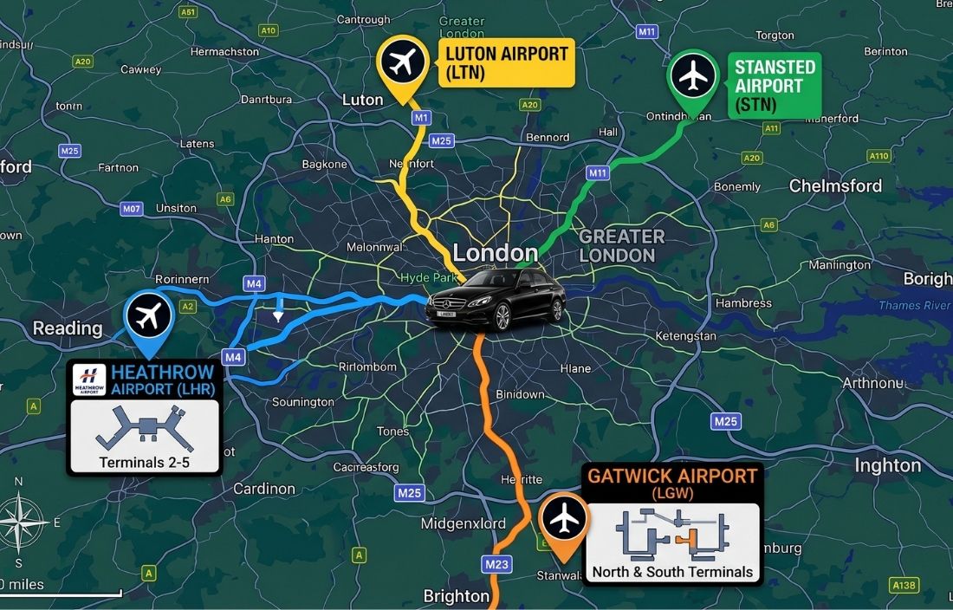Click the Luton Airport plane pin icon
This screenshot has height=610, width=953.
[x=403, y=62]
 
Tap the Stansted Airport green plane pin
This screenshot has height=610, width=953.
[x=693, y=76]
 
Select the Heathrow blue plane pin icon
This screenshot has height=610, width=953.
[x=149, y=317]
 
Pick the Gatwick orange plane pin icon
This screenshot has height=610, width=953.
[x=563, y=519]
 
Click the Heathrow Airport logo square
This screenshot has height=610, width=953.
[x=90, y=379]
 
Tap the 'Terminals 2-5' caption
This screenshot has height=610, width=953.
[x=144, y=462]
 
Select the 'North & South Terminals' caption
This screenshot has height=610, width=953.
[x=672, y=571]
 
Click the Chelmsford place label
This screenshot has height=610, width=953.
[x=835, y=186]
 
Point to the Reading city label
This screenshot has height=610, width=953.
[x=67, y=328]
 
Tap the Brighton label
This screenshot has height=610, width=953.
[x=456, y=596]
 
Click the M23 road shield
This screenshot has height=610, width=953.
[x=496, y=565]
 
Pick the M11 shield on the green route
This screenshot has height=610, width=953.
[x=598, y=172]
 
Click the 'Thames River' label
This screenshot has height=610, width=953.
[x=914, y=305]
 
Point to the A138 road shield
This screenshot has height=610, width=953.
[x=904, y=586]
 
